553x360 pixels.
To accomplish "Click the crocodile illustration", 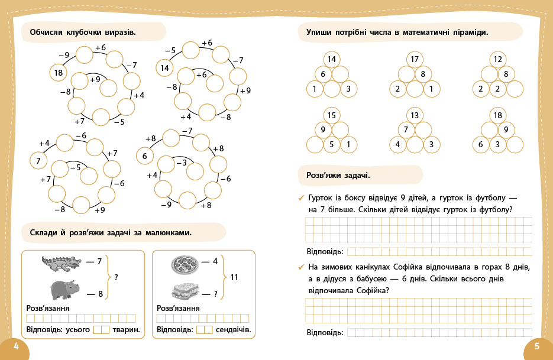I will click(62, 263).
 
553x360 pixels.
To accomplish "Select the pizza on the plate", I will click(185, 264).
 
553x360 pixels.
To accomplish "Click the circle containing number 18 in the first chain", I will click(58, 73).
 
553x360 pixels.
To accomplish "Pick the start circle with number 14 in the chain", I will click(165, 68).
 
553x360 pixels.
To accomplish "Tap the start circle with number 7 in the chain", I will click(38, 160).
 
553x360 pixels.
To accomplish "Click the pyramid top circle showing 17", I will click(415, 59).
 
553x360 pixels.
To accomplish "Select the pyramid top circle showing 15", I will click(331, 115).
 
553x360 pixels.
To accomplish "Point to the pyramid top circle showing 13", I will click(415, 115).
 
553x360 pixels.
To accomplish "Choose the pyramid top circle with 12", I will click(497, 59).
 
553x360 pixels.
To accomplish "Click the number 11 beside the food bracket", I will click(234, 277).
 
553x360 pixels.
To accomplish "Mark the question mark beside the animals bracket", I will click(116, 277).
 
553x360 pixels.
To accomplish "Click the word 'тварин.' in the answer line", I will click(125, 330).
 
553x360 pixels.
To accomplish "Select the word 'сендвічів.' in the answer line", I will click(233, 330).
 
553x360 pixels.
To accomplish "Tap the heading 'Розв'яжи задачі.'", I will click(338, 175).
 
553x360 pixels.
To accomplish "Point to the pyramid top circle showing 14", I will click(331, 59).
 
